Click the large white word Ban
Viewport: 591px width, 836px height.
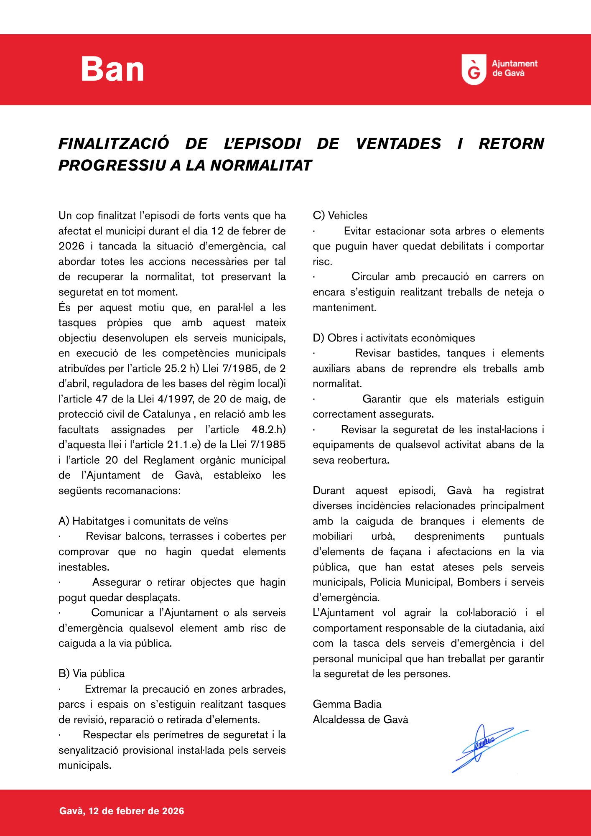tap(112, 69)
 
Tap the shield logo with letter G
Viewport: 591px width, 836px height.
tap(474, 69)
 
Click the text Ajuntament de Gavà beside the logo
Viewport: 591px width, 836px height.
tap(514, 69)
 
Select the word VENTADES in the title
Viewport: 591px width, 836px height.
tap(398, 144)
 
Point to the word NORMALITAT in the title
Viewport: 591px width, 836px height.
tap(261, 166)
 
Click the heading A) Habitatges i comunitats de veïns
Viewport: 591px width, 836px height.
tap(143, 521)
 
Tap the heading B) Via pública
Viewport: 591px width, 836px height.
tap(92, 674)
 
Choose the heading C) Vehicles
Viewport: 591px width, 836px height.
tap(340, 216)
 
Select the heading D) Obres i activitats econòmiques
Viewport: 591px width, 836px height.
tap(394, 338)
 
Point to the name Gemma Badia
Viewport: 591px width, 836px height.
tap(347, 704)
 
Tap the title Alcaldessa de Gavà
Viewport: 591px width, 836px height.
tap(360, 720)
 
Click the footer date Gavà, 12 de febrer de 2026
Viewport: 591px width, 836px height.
tap(122, 811)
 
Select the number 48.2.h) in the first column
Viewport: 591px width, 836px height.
tap(269, 430)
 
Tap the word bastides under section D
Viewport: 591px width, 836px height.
tap(418, 353)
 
